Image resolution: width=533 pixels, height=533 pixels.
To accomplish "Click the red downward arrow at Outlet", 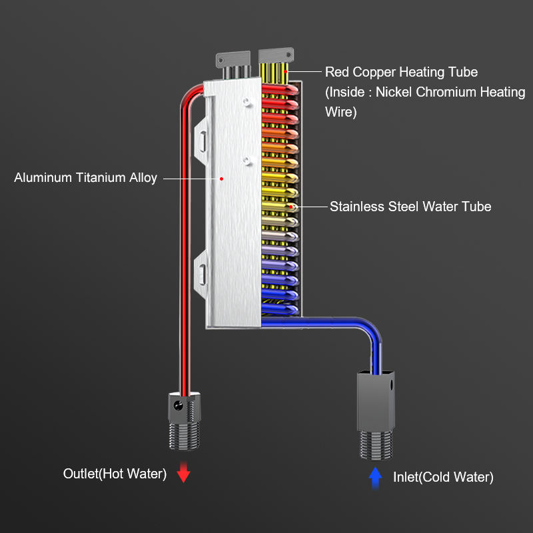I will [184, 474].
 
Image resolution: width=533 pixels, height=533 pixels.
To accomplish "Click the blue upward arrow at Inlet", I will [376, 476].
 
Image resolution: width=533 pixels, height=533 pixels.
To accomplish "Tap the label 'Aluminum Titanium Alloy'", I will [85, 178].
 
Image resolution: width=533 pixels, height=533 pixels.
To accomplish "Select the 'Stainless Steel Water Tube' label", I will [410, 207].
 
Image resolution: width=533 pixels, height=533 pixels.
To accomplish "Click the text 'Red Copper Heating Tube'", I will [401, 72].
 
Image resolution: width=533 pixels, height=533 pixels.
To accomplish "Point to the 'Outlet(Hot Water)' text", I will [115, 474].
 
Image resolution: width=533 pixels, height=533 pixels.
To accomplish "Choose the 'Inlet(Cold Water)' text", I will [443, 477].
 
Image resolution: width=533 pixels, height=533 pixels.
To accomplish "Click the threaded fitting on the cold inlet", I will [376, 443].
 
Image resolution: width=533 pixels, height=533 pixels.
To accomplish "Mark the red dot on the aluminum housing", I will [223, 178].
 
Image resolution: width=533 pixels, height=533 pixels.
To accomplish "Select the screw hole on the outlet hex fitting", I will [178, 405].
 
